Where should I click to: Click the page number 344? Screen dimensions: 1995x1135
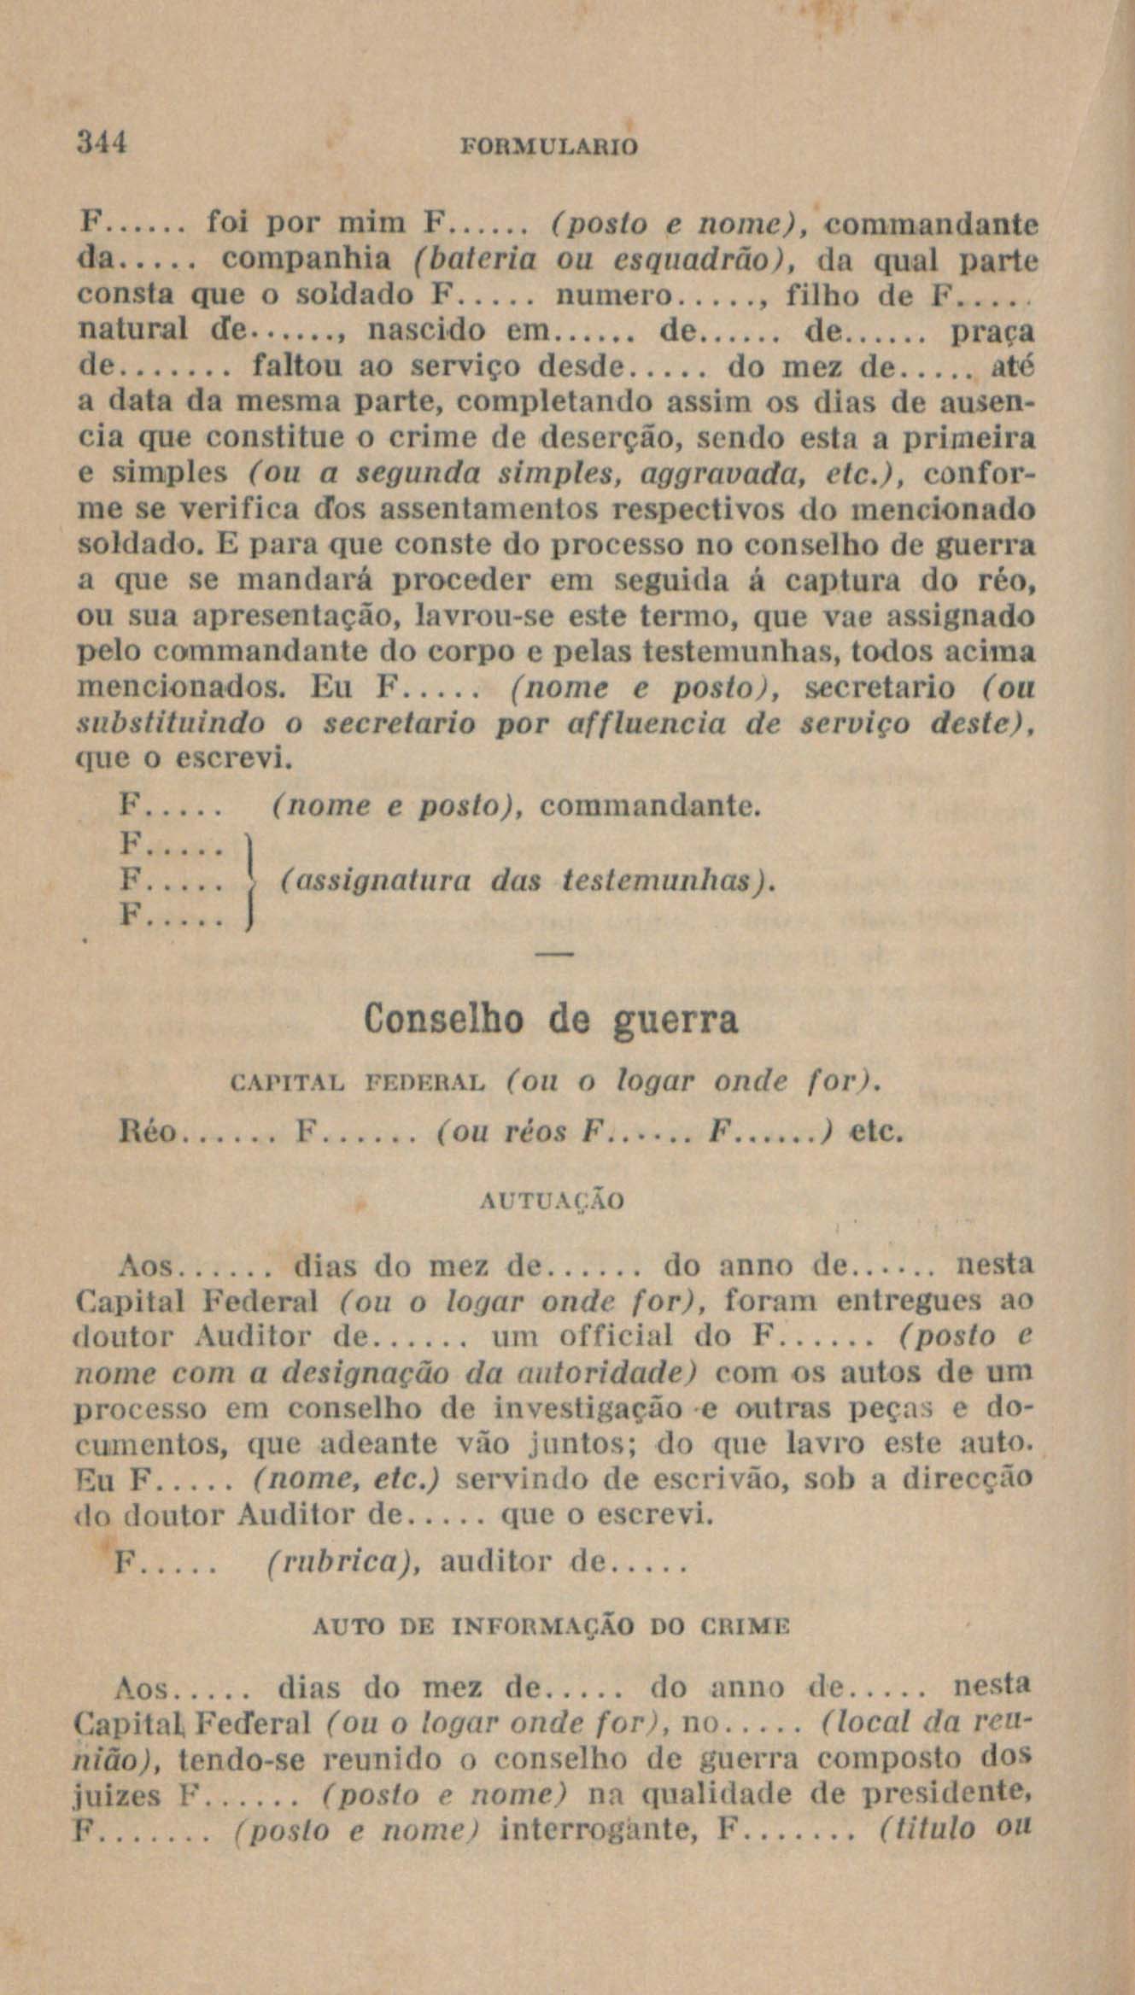102,142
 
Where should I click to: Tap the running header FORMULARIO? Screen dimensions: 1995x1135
548,146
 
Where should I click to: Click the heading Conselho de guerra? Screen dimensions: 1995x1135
551,1021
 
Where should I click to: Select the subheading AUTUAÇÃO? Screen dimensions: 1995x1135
553,1202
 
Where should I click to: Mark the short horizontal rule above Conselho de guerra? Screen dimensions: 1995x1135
555,953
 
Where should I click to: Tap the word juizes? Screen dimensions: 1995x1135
118,1797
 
